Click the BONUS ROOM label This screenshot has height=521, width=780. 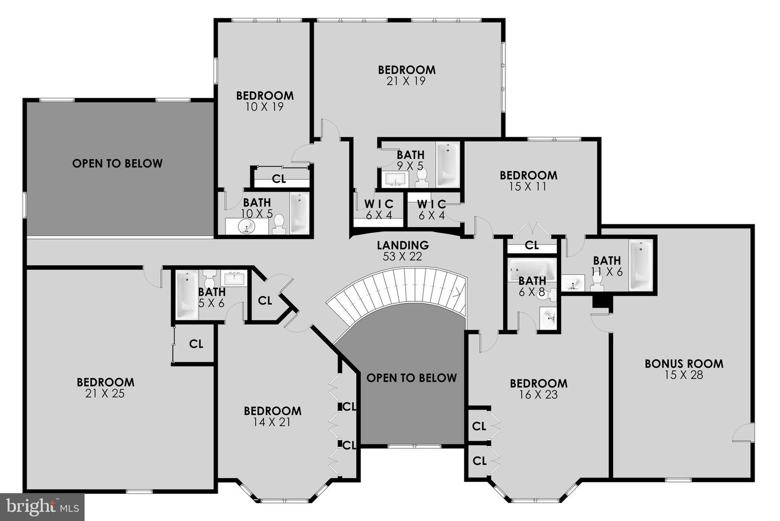[x=684, y=364]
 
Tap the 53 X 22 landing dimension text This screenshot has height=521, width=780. [x=402, y=257]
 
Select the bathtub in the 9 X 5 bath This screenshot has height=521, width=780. [x=447, y=165]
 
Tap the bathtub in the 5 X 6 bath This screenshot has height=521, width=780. [x=187, y=295]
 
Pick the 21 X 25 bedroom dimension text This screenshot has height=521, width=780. [x=105, y=394]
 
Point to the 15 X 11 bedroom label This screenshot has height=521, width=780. [x=528, y=175]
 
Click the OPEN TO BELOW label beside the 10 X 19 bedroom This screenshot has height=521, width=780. [x=117, y=163]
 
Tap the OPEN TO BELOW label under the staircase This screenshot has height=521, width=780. [x=412, y=378]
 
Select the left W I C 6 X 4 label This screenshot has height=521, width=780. [x=379, y=204]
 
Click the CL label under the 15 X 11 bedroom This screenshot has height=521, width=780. [x=532, y=245]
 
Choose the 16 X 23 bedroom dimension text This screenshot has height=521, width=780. [x=538, y=395]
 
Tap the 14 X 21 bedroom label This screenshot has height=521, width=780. [x=272, y=411]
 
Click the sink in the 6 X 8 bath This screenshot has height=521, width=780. [x=548, y=317]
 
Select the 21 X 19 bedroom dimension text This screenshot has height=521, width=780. [x=406, y=81]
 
